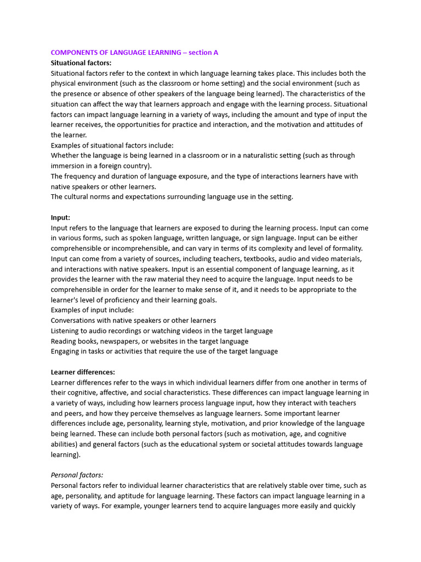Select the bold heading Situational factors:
click(x=81, y=63)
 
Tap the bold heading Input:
click(x=60, y=217)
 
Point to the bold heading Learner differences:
click(x=83, y=372)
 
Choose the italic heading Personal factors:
click(x=77, y=475)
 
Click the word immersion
click(x=69, y=166)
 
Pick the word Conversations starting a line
click(x=76, y=321)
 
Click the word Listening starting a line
click(x=66, y=331)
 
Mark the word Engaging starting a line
click(x=67, y=351)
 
